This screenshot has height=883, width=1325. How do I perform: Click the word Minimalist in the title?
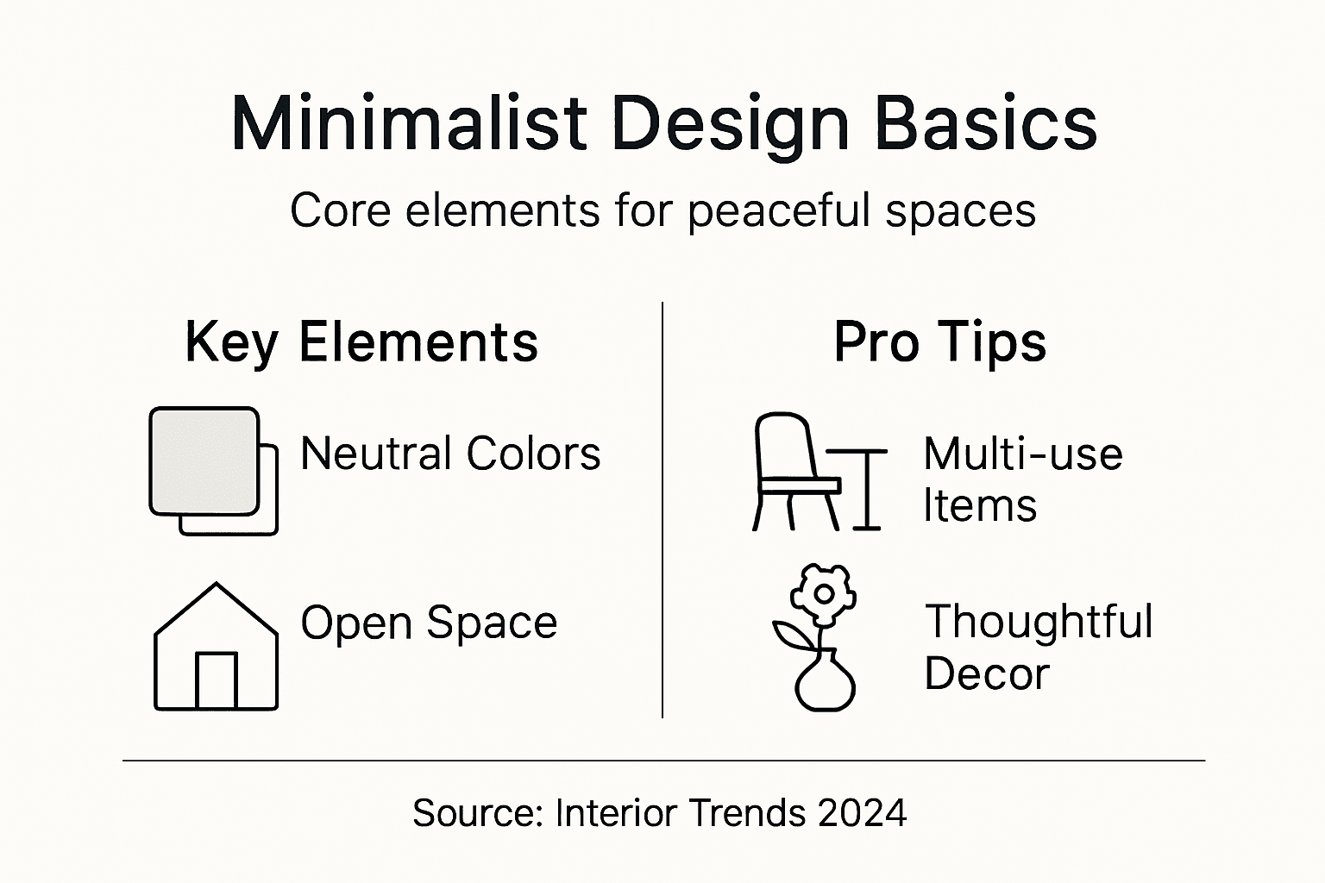click(409, 123)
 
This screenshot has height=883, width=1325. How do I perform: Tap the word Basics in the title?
click(985, 123)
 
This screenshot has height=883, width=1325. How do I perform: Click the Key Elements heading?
click(361, 342)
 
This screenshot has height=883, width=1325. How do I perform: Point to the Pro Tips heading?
click(939, 342)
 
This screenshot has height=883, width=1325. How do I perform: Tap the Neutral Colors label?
click(449, 454)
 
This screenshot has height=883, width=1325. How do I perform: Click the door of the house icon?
click(216, 680)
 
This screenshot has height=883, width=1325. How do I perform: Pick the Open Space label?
click(429, 623)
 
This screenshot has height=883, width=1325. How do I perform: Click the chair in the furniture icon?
click(789, 470)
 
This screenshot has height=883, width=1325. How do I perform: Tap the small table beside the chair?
click(863, 487)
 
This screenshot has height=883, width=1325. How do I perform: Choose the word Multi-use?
click(1022, 454)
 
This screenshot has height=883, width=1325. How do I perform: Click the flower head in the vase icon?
click(824, 593)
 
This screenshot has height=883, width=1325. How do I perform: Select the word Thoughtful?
click(1039, 622)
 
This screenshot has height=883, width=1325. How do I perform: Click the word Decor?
click(986, 673)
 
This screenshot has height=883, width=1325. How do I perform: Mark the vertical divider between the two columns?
click(662, 509)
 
